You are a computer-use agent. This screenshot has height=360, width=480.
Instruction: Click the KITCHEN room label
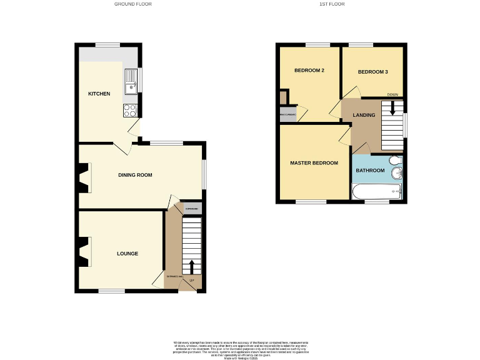[99, 94]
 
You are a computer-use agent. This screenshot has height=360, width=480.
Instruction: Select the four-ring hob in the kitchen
[130, 111]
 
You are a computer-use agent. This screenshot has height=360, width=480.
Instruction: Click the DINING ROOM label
[135, 175]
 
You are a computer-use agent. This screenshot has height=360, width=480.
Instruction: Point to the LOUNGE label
[127, 253]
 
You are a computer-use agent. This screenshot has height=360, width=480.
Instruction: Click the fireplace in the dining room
[84, 177]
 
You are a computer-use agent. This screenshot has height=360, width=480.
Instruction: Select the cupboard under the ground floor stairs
[192, 209]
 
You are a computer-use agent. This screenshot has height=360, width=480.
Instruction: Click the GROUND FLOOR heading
[132, 4]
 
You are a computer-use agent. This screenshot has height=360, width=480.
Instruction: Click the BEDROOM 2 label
[309, 71]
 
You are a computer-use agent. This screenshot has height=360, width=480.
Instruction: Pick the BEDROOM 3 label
[372, 72]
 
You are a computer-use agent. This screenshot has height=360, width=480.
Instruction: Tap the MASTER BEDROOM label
[314, 163]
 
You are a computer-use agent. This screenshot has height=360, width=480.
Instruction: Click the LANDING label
[364, 115]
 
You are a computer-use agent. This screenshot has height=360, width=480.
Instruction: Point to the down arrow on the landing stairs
[392, 107]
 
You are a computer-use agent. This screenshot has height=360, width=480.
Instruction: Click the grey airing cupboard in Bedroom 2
[288, 115]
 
